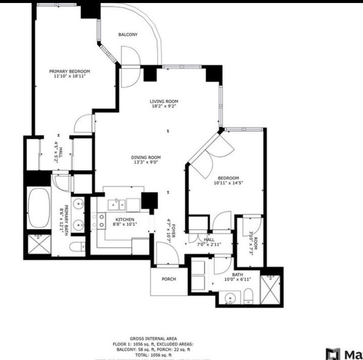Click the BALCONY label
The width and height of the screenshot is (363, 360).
coord(128,34)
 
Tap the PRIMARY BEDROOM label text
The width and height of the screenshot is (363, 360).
coord(70,71)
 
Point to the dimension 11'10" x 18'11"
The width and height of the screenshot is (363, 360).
coord(70,76)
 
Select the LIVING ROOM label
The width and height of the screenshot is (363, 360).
coord(164,101)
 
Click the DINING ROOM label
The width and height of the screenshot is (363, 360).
coord(146,157)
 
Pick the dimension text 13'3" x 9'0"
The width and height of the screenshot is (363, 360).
coord(146,162)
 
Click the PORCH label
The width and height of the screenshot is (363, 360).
coord(169,279)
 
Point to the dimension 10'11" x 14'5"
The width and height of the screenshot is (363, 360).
coord(228,183)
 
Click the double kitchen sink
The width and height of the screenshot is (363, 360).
coord(117,204)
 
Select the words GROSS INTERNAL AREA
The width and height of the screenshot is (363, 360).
coord(153,338)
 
